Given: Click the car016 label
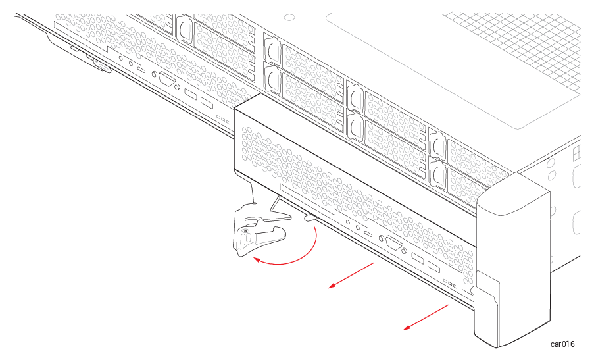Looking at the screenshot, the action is (x=562, y=344).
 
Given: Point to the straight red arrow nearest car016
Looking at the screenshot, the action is (x=426, y=317).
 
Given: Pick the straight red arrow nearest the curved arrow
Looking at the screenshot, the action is (x=351, y=275).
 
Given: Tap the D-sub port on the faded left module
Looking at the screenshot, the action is (x=166, y=80).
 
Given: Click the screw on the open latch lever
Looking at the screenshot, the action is (x=245, y=230).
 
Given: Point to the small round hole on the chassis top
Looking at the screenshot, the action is (x=289, y=17).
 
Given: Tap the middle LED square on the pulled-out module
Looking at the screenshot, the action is (x=450, y=283).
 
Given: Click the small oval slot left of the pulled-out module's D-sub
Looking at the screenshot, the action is (x=368, y=233).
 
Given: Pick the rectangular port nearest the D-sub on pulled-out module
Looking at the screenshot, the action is (x=418, y=259).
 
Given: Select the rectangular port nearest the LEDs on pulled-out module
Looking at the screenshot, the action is (x=433, y=267).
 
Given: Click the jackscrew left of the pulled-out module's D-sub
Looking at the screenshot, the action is (x=382, y=238).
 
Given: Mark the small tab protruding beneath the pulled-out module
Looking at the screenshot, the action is (x=311, y=218).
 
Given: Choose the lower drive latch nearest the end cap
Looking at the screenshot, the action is (x=438, y=174).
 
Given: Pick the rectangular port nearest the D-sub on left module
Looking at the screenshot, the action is (x=191, y=94).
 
